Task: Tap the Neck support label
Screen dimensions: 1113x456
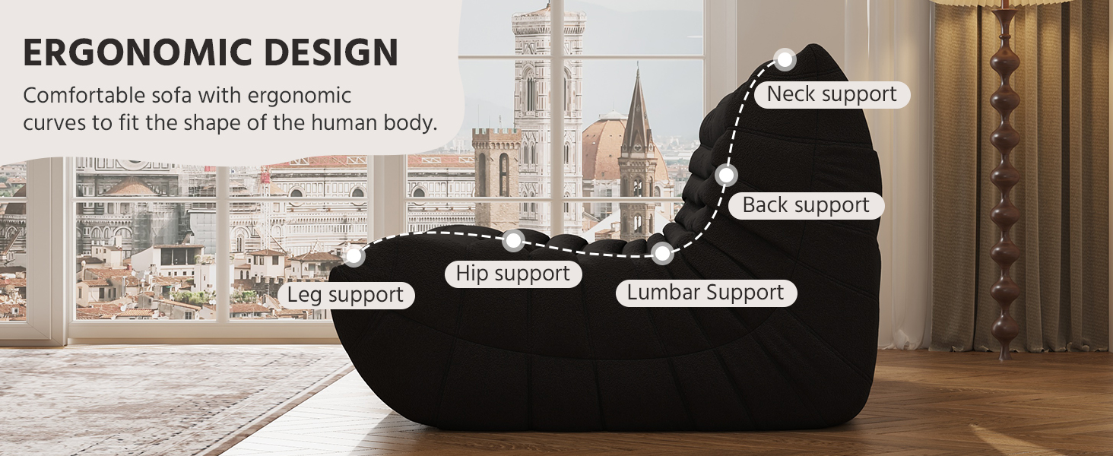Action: pyautogui.click(x=832, y=94)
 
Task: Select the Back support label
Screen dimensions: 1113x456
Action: pyautogui.click(x=806, y=205)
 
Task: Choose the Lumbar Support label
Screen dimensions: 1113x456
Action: pyautogui.click(x=705, y=293)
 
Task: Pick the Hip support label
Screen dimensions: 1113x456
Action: pyautogui.click(x=513, y=274)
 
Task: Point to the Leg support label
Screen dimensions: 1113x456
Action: pyautogui.click(x=345, y=295)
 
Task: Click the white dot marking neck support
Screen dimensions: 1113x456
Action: pyautogui.click(x=785, y=59)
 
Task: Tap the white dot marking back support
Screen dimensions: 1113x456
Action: pyautogui.click(x=727, y=176)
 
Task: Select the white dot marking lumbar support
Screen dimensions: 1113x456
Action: pyautogui.click(x=661, y=253)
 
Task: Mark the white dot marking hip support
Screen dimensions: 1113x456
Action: pyautogui.click(x=513, y=242)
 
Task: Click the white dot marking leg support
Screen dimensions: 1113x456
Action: pyautogui.click(x=354, y=256)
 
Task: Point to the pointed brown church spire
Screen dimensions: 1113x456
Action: pyautogui.click(x=637, y=114)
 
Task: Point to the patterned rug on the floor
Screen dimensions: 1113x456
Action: pyautogui.click(x=152, y=395)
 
